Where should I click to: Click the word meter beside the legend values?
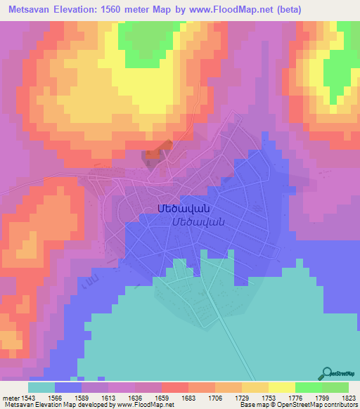(x=11, y=397)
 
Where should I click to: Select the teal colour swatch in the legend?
(x=41, y=387)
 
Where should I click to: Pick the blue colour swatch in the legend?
(x=68, y=387)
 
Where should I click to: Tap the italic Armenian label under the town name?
(x=198, y=221)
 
